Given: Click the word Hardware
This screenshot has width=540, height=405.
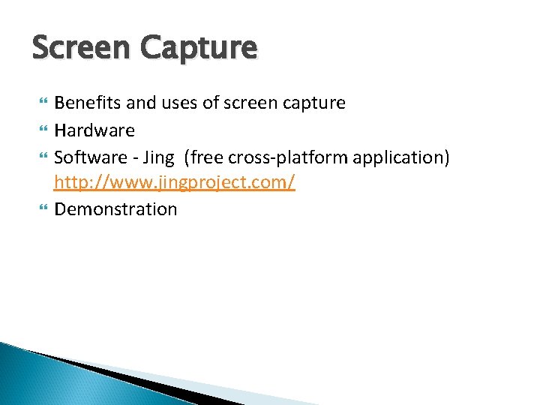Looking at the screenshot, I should (x=94, y=130).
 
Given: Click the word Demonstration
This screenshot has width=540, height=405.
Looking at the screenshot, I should (x=115, y=209).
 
